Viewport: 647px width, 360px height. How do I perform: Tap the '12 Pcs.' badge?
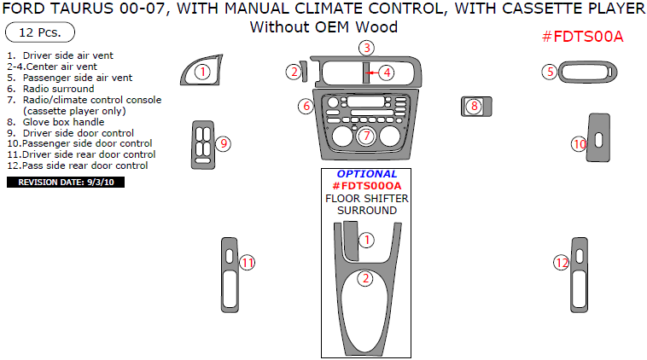click(x=40, y=33)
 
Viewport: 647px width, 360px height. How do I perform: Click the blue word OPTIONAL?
click(x=366, y=174)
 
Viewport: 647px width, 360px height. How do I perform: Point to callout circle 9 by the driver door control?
click(x=224, y=143)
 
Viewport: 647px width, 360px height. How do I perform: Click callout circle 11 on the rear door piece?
click(x=248, y=264)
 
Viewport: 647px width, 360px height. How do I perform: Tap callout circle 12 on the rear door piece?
click(x=561, y=264)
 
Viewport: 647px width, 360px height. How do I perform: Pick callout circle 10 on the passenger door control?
click(x=580, y=144)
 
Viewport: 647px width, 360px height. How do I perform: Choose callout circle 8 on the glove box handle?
click(x=475, y=107)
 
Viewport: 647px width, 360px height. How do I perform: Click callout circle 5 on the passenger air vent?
click(x=551, y=72)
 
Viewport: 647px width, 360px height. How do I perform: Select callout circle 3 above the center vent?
click(x=365, y=48)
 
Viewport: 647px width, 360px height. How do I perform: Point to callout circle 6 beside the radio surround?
click(x=306, y=107)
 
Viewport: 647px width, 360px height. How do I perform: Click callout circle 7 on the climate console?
click(x=365, y=136)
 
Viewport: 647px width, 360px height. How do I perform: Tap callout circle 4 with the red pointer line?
click(x=387, y=73)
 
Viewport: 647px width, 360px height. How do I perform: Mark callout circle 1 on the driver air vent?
click(x=201, y=72)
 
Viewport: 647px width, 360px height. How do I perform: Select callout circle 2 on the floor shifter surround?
click(x=364, y=278)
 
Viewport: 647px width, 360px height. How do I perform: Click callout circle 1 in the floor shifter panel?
click(x=365, y=240)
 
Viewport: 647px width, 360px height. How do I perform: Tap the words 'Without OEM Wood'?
click(x=323, y=27)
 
